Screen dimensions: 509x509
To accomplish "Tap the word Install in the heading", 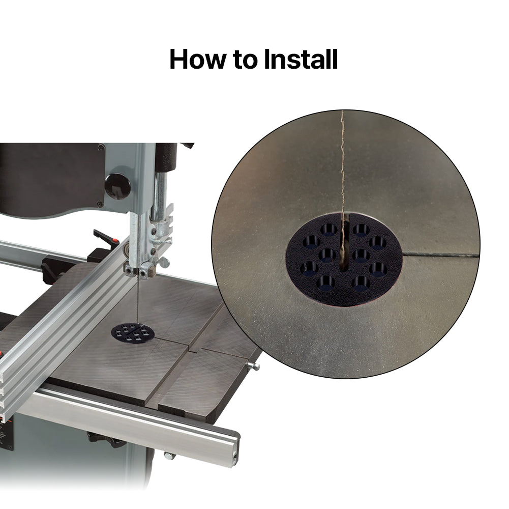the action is tap(301, 59).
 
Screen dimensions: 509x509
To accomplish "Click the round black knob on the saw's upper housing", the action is tap(117, 187).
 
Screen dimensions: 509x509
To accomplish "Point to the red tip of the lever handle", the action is tap(114, 241).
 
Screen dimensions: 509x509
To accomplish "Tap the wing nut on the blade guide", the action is tap(164, 262).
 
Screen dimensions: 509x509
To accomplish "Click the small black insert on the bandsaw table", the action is tap(133, 334).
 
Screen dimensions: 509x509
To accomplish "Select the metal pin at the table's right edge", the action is tap(254, 366).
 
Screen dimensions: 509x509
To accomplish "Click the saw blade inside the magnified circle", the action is tap(342, 182).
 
